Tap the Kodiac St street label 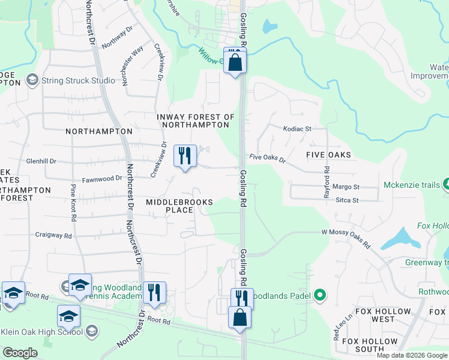(297, 128)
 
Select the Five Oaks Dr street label (267, 158)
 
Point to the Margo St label (345, 187)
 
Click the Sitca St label (346, 200)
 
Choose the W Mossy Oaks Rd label (346, 238)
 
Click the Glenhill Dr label (41, 161)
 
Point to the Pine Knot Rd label (73, 203)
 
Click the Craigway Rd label (53, 235)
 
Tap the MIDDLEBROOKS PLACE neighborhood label (179, 206)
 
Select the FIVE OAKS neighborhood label (328, 155)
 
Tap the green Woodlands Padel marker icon (320, 295)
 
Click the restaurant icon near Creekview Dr (185, 156)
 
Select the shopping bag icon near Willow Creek (235, 61)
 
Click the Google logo (20, 353)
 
